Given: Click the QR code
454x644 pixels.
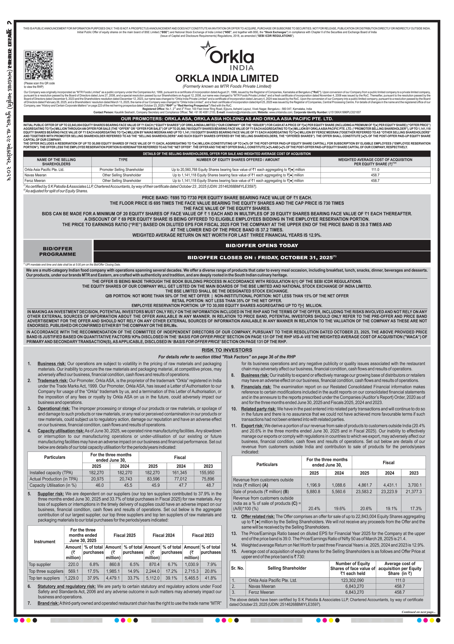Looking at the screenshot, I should (x=38, y=65).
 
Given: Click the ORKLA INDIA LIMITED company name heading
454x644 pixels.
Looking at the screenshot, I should (x=227, y=78).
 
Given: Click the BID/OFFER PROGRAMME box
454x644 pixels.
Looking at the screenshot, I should (x=58, y=251).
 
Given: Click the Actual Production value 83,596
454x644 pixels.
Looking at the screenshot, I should (x=153, y=479).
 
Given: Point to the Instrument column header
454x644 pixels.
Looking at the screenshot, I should (x=45, y=542).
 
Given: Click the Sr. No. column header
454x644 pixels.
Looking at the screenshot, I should (x=237, y=568).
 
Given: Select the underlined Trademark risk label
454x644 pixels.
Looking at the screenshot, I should (x=53, y=381).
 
